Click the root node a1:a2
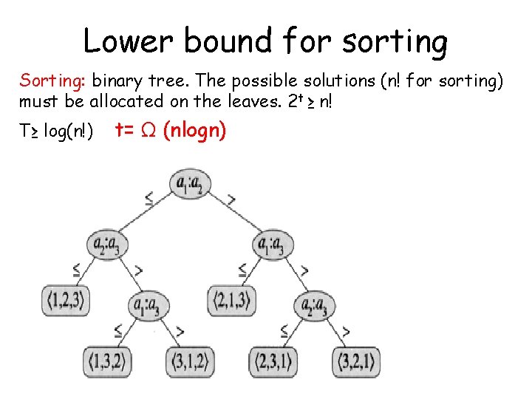pyautogui.click(x=189, y=183)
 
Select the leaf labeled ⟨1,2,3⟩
pyautogui.click(x=66, y=300)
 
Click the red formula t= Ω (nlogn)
pyautogui.click(x=171, y=131)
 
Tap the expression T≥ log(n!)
pyautogui.click(x=56, y=132)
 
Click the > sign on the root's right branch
pyautogui.click(x=232, y=198)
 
